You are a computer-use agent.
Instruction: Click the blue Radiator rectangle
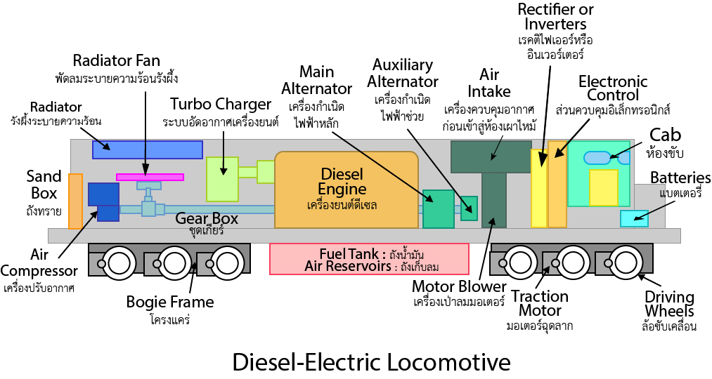pyautogui.click(x=148, y=149)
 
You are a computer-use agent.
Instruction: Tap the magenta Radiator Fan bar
pyautogui.click(x=150, y=177)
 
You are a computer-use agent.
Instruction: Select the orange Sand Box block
pyautogui.click(x=75, y=201)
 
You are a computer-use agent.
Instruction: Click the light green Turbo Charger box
pyautogui.click(x=222, y=179)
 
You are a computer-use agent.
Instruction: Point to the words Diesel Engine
pyautogui.click(x=343, y=181)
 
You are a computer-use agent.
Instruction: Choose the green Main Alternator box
pyautogui.click(x=438, y=208)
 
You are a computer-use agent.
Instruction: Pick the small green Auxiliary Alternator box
pyautogui.click(x=469, y=208)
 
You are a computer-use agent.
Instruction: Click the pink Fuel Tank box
pyautogui.click(x=369, y=259)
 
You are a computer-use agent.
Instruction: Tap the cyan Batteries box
pyautogui.click(x=634, y=218)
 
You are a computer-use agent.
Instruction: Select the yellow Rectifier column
pyautogui.click(x=538, y=188)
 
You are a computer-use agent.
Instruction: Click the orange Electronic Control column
pyautogui.click(x=557, y=184)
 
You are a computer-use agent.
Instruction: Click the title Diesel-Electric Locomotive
pyautogui.click(x=371, y=361)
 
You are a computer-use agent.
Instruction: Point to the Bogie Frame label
pyautogui.click(x=169, y=302)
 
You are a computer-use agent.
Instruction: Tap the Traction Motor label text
pyautogui.click(x=540, y=303)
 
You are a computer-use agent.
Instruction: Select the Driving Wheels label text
pyautogui.click(x=669, y=304)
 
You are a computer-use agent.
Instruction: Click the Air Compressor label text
pyautogui.click(x=39, y=264)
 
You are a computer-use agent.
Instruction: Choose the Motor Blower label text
pyautogui.click(x=459, y=286)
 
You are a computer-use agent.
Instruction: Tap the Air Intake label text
pyautogui.click(x=490, y=82)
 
